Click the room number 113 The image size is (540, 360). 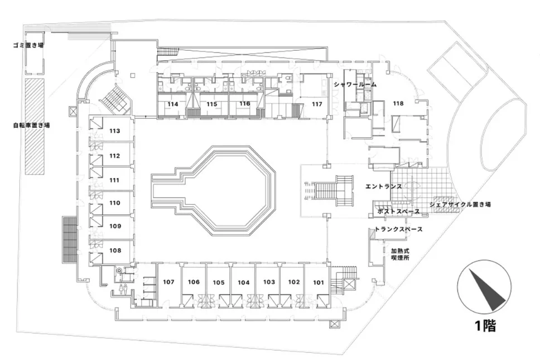coord(115,132)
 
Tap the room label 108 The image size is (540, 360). coord(115,251)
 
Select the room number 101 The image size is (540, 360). coord(318,282)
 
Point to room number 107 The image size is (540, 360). coord(169,282)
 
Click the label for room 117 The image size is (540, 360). coord(317,104)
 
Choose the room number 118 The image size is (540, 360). coord(398,103)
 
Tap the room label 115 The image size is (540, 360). coord(211,104)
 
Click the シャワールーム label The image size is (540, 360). coord(355,84)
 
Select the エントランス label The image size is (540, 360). coord(383,186)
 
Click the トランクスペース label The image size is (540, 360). coord(398,229)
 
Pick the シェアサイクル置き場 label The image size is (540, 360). coord(460,205)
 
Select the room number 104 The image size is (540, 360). coord(243,282)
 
